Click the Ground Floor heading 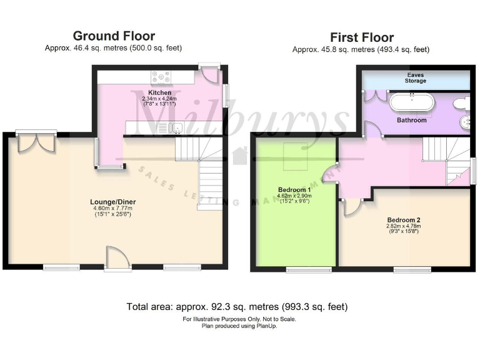point(114,36)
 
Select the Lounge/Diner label point(112,201)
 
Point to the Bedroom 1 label point(294,189)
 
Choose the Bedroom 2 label point(403,220)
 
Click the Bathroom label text point(412,119)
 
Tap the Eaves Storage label point(415,77)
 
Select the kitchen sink point(169,128)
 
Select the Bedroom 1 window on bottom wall point(309,269)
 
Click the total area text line point(237,307)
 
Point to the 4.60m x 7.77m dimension point(112,209)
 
